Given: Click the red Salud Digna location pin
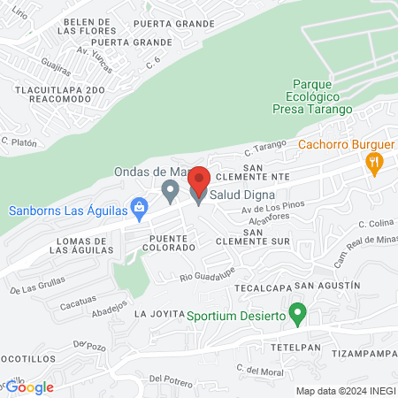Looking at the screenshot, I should (x=199, y=180).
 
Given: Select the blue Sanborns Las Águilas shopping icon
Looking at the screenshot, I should (x=138, y=207).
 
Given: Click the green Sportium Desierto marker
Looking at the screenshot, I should (x=299, y=312).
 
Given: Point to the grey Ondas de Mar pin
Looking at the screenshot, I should (x=169, y=190).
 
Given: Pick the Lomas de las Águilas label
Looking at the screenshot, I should (x=80, y=245).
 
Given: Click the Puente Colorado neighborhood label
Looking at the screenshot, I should (x=172, y=243).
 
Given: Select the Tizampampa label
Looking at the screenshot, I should (x=364, y=354).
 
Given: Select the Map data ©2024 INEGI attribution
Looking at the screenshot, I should (x=343, y=391).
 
